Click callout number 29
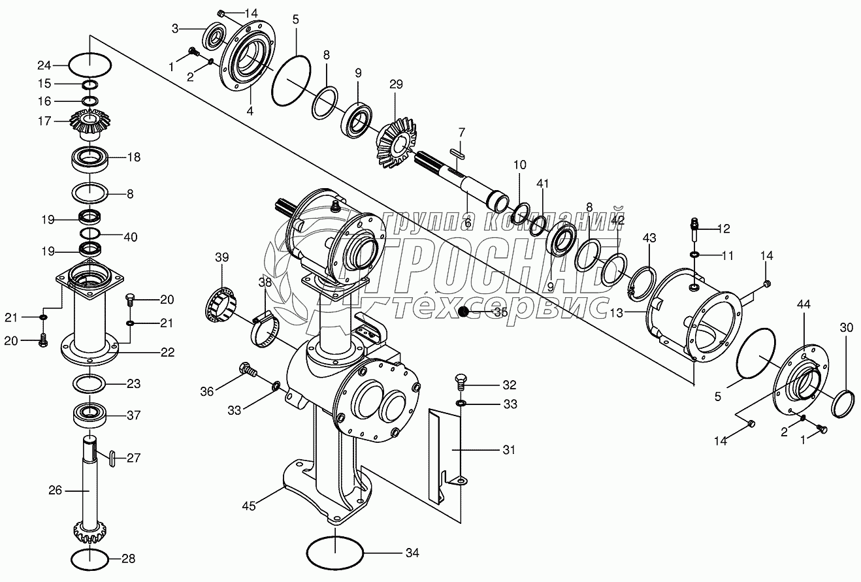click(x=396, y=84)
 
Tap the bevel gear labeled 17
click(x=90, y=125)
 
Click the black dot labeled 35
click(x=464, y=312)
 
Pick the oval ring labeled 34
click(x=335, y=553)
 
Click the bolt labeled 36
click(x=247, y=370)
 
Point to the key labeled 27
click(x=112, y=459)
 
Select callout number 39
click(x=222, y=258)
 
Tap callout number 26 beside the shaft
click(x=55, y=490)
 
